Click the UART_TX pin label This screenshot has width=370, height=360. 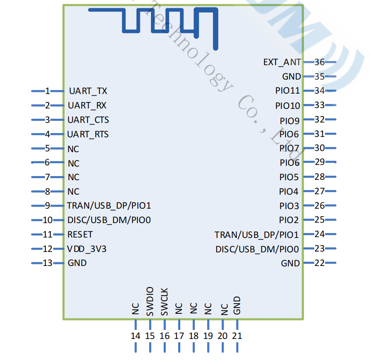[88, 91]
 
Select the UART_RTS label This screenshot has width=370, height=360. [88, 134]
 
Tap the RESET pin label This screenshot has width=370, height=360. [80, 234]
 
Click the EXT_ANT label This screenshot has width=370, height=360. [282, 62]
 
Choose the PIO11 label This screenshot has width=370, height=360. [288, 91]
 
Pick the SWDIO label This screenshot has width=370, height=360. [150, 301]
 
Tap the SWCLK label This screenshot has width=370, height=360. [164, 302]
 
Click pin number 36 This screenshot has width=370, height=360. [319, 62]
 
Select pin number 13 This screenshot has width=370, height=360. [47, 263]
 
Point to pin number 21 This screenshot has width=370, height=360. [237, 336]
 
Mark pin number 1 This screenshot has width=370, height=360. [47, 91]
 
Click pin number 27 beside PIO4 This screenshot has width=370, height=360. [319, 191]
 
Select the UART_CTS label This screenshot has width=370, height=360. [88, 120]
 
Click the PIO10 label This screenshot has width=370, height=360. [288, 106]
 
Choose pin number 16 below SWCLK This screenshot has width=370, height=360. [165, 336]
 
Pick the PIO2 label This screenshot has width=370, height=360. [289, 220]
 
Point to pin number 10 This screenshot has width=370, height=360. [47, 220]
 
